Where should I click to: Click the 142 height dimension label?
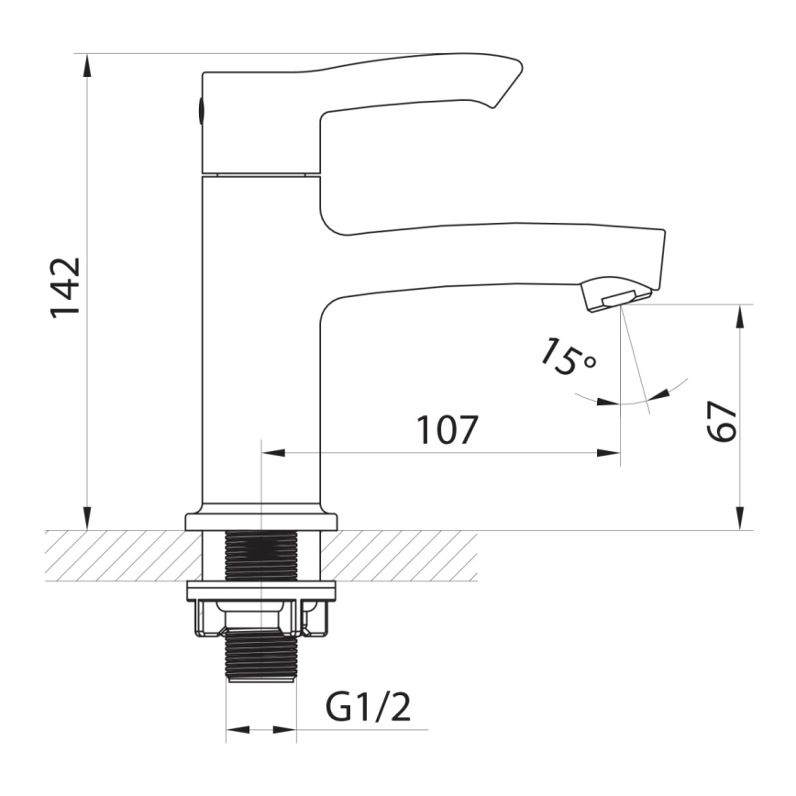pos(66,288)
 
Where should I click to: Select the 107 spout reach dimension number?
pos(448,429)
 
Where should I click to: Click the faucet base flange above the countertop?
pos(261,521)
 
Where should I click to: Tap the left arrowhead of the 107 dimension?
pos(273,452)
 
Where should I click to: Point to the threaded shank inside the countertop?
pos(261,556)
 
